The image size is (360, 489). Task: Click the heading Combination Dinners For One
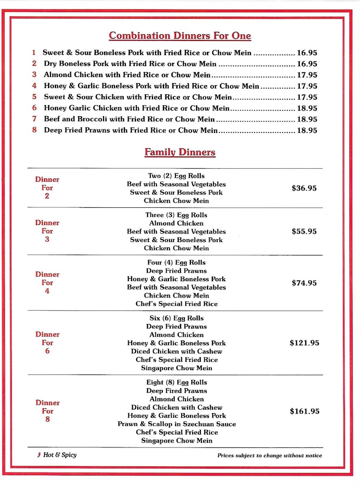[x=180, y=36]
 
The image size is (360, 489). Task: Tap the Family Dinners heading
[x=180, y=152]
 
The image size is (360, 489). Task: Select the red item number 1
[x=34, y=53]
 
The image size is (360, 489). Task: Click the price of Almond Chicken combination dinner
[x=307, y=75]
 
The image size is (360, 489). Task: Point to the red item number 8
[x=35, y=130]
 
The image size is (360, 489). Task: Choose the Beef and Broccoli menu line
[x=130, y=119]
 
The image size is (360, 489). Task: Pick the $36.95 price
[x=304, y=188]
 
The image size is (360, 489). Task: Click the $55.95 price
[x=304, y=231]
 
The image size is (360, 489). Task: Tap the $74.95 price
[x=304, y=283]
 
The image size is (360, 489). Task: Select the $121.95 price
[x=304, y=343]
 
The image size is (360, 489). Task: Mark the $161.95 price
[x=305, y=411]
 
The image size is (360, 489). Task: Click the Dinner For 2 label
[x=47, y=188]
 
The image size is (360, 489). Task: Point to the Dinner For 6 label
[x=47, y=343]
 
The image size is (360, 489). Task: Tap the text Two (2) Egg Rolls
[x=176, y=176]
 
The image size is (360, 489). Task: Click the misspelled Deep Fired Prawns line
[x=176, y=391]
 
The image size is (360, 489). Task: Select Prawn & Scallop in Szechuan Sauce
[x=176, y=424]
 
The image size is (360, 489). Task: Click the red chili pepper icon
[x=39, y=455]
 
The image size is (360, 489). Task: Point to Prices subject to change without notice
[x=270, y=456]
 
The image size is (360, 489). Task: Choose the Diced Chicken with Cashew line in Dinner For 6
[x=176, y=351]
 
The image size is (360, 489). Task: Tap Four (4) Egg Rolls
[x=176, y=262]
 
